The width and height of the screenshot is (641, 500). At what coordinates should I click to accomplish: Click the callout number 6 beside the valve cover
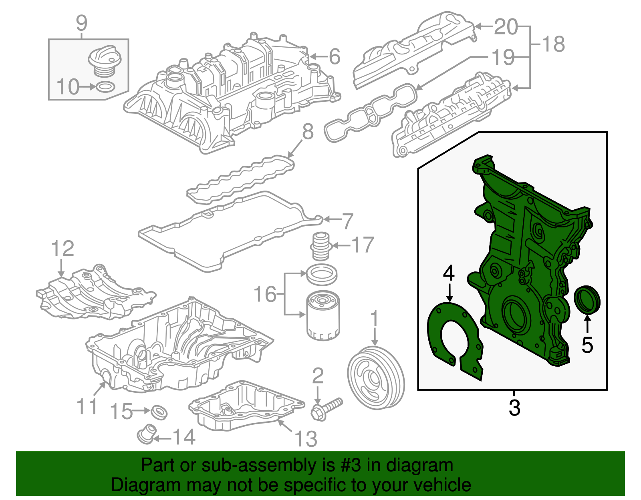pyautogui.click(x=335, y=56)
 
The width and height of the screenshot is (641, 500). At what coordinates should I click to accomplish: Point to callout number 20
pyautogui.click(x=506, y=27)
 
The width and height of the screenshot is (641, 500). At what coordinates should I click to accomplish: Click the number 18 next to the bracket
pyautogui.click(x=553, y=44)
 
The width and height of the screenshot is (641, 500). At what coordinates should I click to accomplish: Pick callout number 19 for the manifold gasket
pyautogui.click(x=503, y=57)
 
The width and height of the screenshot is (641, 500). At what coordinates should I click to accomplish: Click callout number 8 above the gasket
pyautogui.click(x=308, y=131)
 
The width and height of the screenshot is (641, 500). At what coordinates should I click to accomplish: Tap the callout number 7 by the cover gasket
pyautogui.click(x=347, y=221)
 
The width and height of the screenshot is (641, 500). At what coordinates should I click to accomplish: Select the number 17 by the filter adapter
pyautogui.click(x=363, y=245)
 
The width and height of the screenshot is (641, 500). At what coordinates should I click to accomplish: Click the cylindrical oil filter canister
pyautogui.click(x=323, y=316)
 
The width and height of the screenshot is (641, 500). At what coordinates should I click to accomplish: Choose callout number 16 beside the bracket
pyautogui.click(x=265, y=294)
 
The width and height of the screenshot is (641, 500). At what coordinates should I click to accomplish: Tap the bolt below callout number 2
pyautogui.click(x=327, y=408)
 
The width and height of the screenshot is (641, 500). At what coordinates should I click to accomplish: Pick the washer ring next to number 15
pyautogui.click(x=159, y=412)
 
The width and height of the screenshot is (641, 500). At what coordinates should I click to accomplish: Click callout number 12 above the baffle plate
pyautogui.click(x=63, y=249)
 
